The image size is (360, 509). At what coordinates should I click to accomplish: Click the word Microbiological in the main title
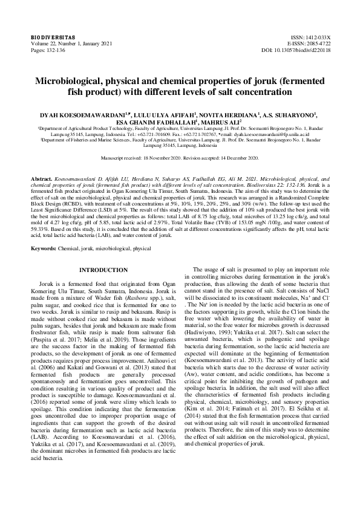coord(77,80)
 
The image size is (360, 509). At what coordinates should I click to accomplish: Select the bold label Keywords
coord(45,248)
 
